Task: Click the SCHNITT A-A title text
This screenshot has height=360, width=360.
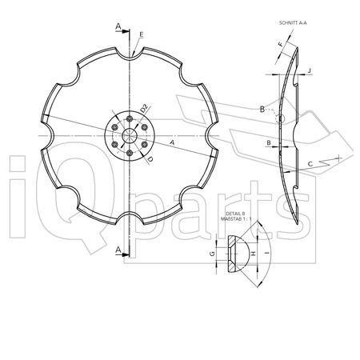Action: tap(293, 23)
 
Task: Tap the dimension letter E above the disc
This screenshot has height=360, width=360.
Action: tap(142, 34)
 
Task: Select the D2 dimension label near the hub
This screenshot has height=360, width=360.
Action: tap(144, 108)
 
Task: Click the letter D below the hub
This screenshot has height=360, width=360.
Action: tap(150, 159)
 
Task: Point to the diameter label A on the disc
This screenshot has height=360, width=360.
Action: tap(172, 142)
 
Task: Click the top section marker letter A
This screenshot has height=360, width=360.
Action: tap(118, 26)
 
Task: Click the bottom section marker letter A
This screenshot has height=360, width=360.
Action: tap(118, 250)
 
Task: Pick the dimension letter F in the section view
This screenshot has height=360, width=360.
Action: tap(281, 45)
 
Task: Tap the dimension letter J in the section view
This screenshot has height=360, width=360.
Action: tap(309, 70)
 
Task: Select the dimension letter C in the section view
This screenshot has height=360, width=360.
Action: tap(310, 164)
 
